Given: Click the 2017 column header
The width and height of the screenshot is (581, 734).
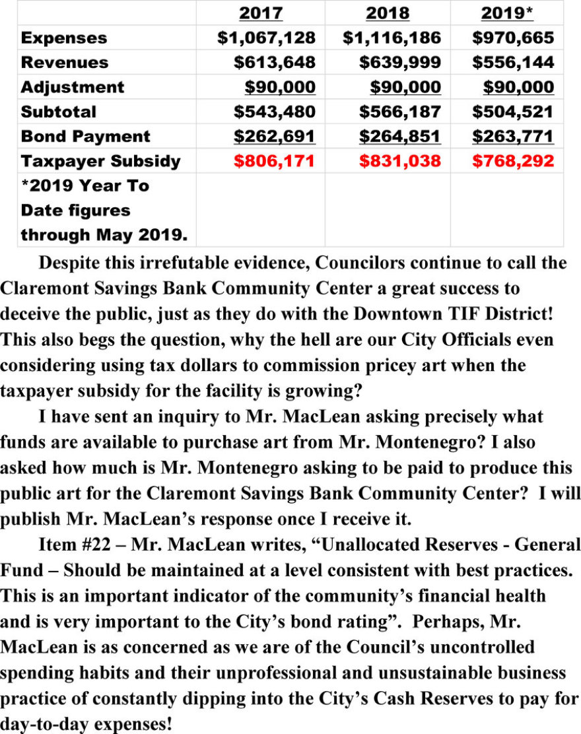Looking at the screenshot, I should point(260,13).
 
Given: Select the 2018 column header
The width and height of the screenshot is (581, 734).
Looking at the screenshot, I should point(387,13).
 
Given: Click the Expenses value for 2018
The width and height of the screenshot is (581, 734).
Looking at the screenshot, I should point(392,38).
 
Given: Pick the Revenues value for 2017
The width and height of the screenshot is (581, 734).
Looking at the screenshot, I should point(275,63).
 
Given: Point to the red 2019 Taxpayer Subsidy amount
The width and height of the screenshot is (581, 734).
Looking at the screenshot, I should point(513,161).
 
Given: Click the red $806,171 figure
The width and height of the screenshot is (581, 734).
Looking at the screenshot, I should point(275,161).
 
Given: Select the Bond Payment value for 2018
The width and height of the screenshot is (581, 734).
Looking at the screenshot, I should point(399,137).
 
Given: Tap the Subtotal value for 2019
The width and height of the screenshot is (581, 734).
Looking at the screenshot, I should point(513,112).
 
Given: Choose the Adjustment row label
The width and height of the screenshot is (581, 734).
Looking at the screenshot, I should point(72,87).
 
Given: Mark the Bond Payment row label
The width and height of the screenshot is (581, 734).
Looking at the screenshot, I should point(85,137).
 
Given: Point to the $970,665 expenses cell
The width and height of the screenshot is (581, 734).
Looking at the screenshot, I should point(513,38).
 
